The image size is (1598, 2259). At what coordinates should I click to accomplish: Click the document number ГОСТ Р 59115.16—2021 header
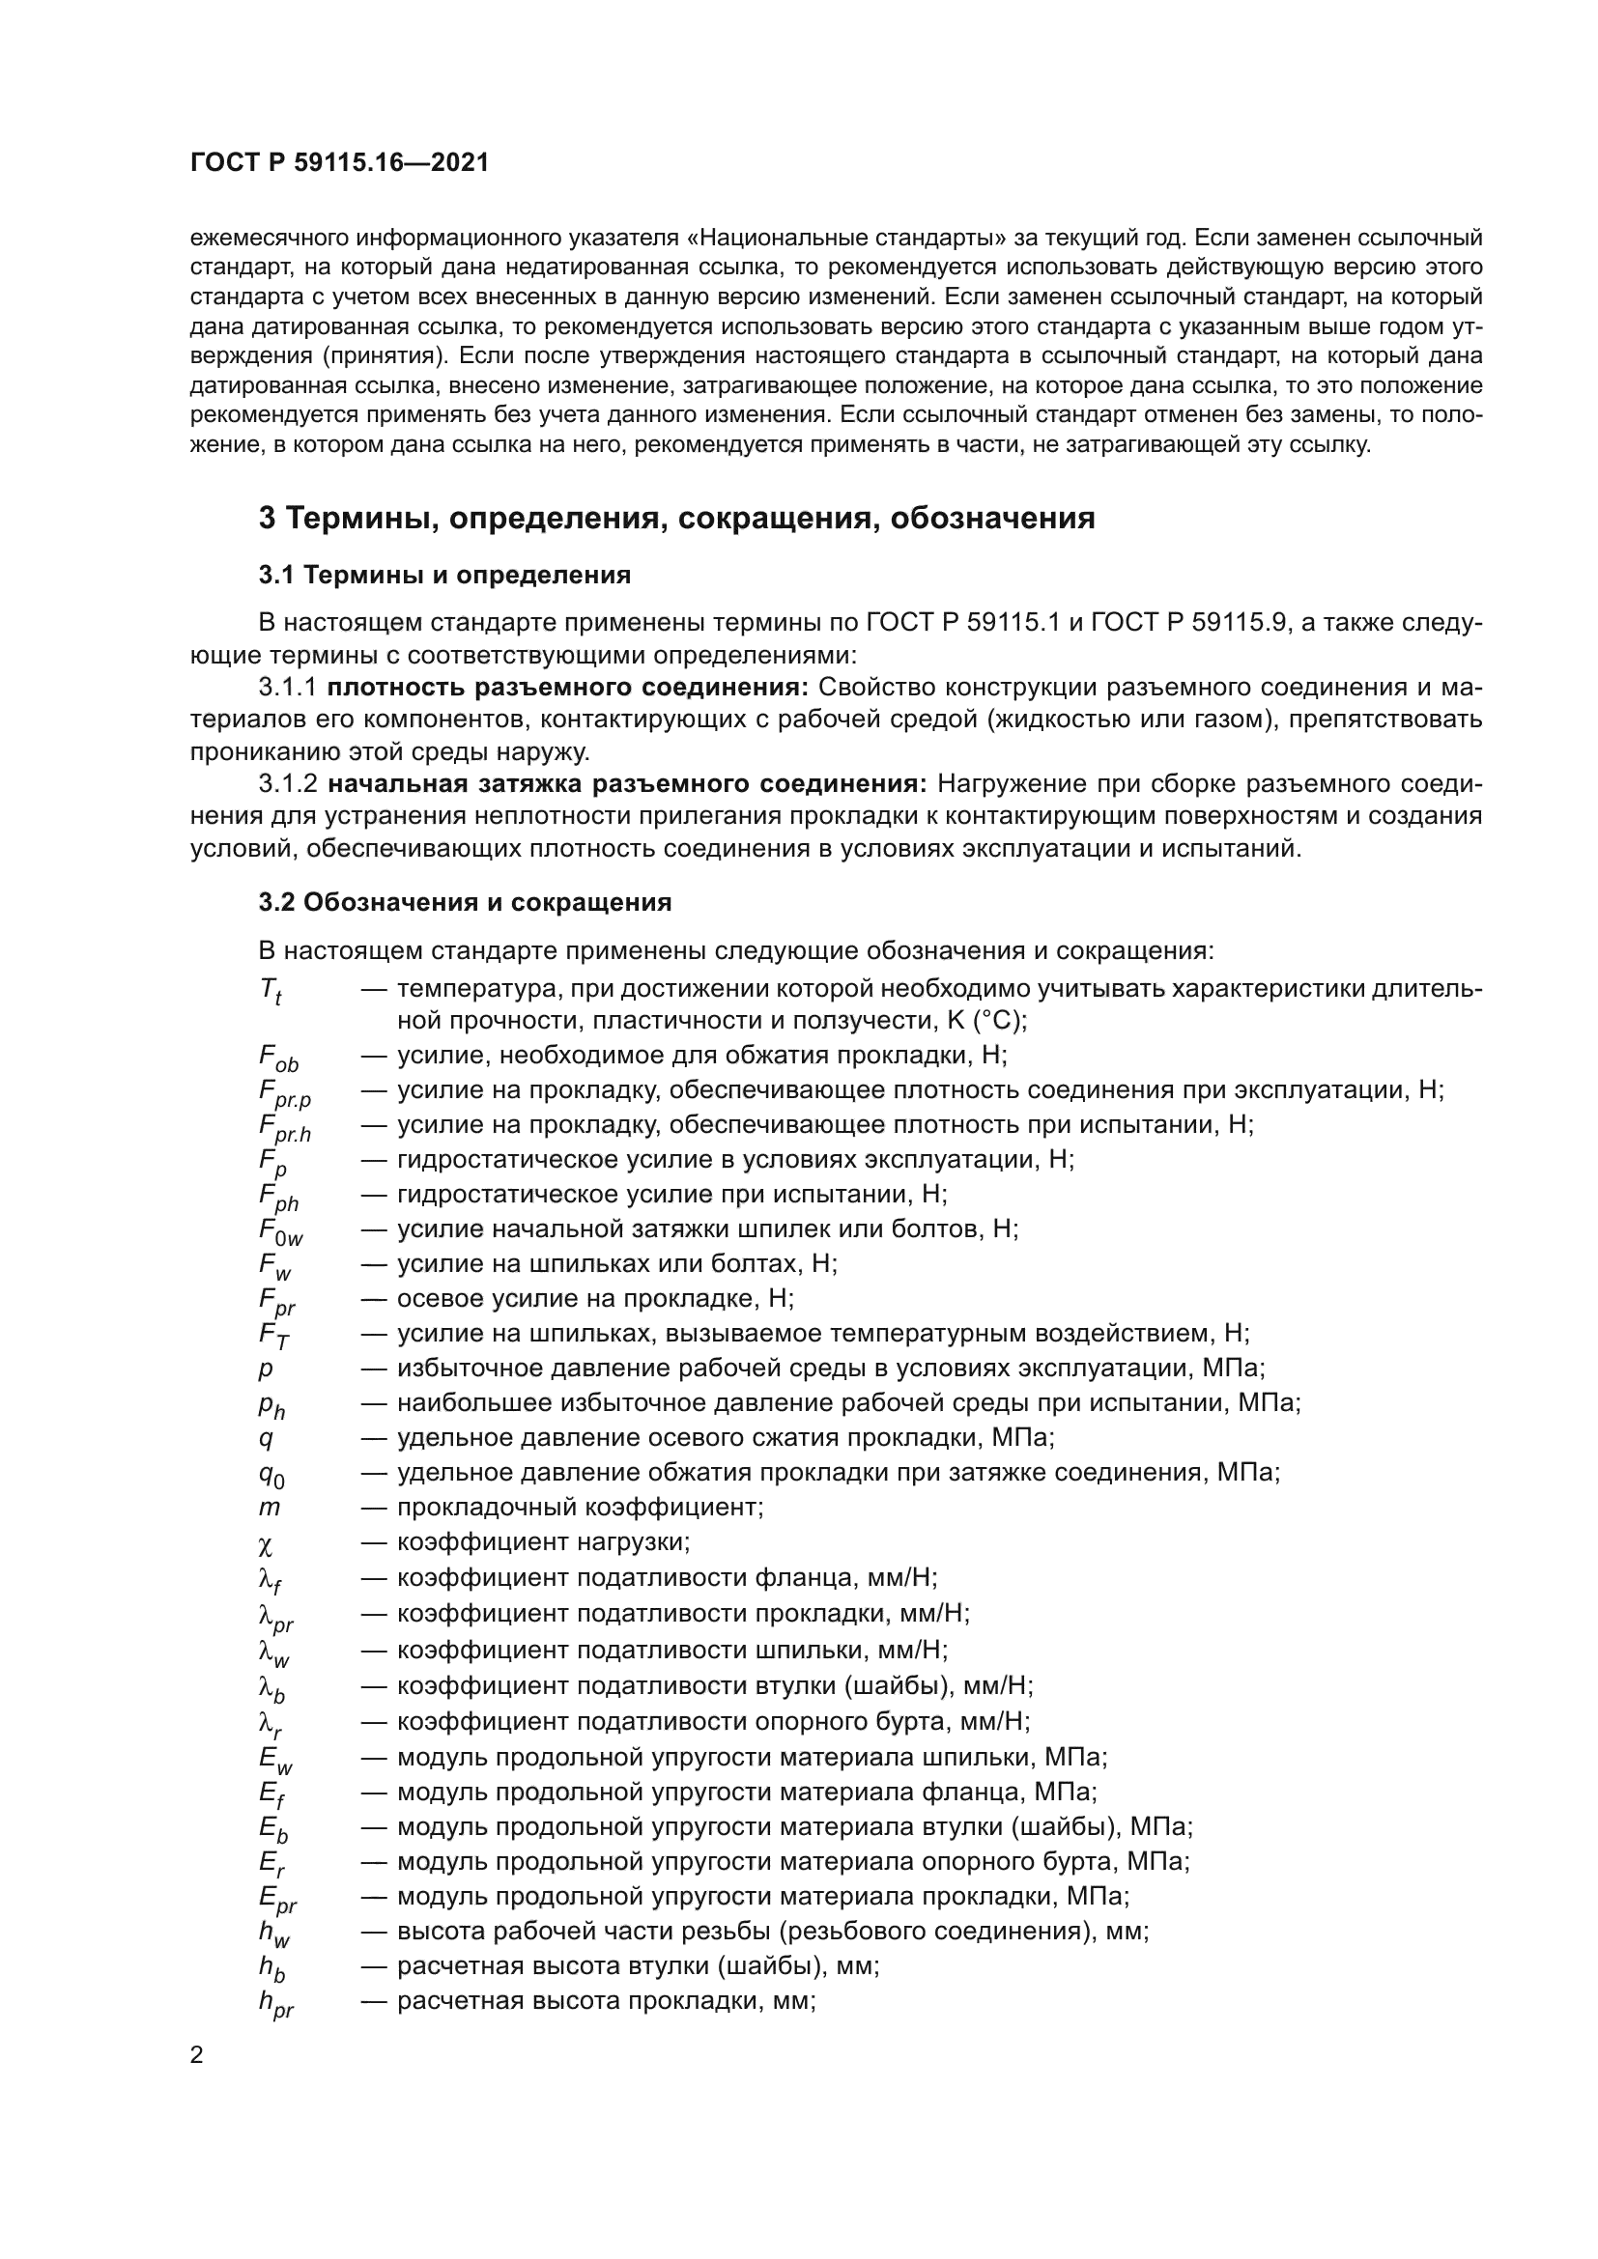click(339, 163)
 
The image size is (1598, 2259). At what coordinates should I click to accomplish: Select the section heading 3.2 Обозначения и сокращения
click(465, 902)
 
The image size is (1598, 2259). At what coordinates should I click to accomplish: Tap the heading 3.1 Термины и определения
click(444, 575)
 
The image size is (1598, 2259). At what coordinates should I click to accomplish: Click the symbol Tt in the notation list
click(271, 991)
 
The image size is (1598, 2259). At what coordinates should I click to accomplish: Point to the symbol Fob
click(278, 1058)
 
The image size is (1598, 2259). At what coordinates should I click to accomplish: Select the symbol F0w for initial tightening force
click(280, 1231)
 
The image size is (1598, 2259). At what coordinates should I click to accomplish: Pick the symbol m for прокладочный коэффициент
click(269, 1508)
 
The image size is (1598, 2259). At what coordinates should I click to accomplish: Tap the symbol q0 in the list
click(271, 1475)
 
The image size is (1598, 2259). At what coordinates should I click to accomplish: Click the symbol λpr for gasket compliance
click(275, 1617)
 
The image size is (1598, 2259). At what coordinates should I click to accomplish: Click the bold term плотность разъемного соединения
click(568, 687)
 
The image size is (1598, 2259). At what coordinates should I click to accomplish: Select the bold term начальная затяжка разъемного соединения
click(627, 784)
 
